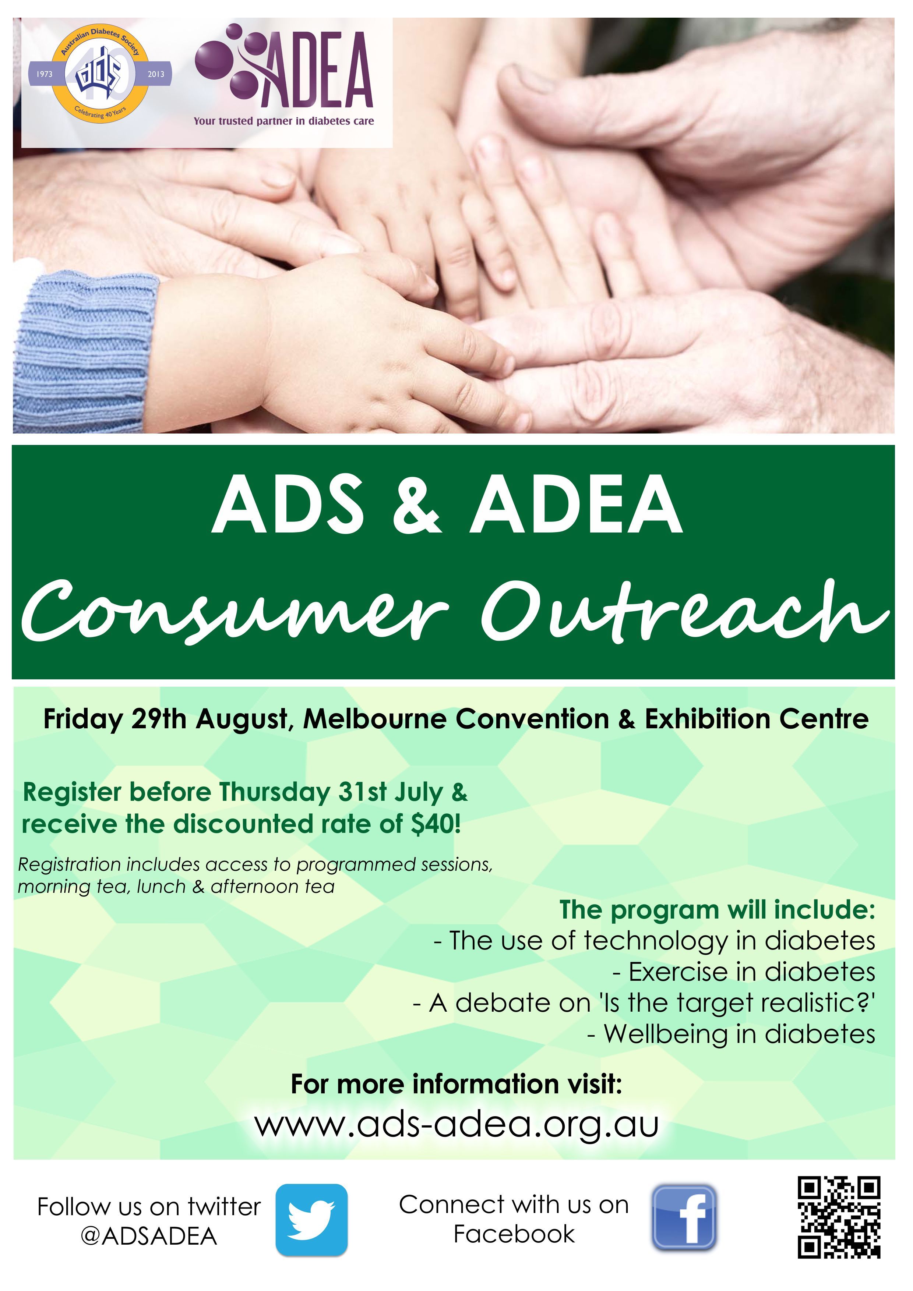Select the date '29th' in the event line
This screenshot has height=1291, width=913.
(159, 719)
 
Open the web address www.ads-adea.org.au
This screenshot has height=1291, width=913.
(456, 1125)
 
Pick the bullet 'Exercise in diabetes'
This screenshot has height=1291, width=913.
(744, 972)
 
